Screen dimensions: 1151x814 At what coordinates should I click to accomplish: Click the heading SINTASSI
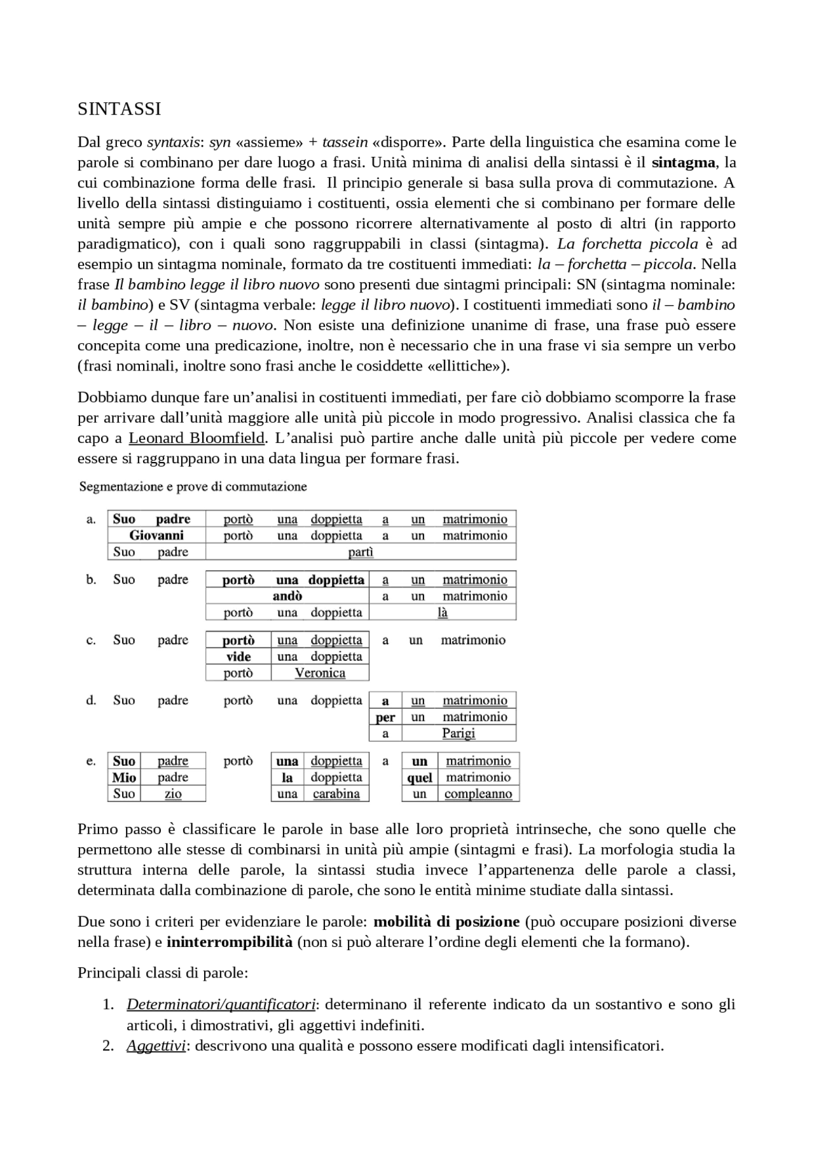(x=119, y=109)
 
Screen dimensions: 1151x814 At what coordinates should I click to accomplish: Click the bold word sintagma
(x=684, y=163)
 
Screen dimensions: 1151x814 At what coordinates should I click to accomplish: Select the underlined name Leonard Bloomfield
(x=197, y=438)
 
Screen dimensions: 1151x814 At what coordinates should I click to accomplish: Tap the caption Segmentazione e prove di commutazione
(x=193, y=487)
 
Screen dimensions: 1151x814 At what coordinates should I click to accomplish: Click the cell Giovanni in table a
(x=156, y=535)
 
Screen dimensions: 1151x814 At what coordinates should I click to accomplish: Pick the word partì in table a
(x=361, y=552)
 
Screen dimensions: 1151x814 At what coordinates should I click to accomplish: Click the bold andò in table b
(x=287, y=596)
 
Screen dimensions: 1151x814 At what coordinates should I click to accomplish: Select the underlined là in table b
(x=443, y=613)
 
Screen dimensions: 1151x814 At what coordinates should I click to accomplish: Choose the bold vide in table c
(x=238, y=657)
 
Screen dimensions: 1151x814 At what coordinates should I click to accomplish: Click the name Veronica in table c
(x=320, y=673)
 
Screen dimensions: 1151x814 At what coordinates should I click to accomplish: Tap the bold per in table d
(x=385, y=717)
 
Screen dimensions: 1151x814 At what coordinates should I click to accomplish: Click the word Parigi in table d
(x=459, y=733)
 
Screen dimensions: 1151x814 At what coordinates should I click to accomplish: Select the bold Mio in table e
(x=124, y=777)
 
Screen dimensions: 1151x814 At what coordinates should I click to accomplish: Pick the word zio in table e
(x=173, y=794)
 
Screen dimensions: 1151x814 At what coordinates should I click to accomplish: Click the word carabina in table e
(x=336, y=794)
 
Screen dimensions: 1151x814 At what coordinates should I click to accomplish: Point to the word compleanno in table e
(x=478, y=794)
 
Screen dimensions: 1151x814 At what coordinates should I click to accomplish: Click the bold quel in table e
(x=420, y=777)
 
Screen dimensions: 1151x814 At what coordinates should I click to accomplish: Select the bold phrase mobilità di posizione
(x=446, y=922)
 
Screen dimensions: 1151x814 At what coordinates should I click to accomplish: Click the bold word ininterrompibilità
(x=230, y=942)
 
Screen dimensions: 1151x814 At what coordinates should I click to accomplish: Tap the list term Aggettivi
(x=156, y=1045)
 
